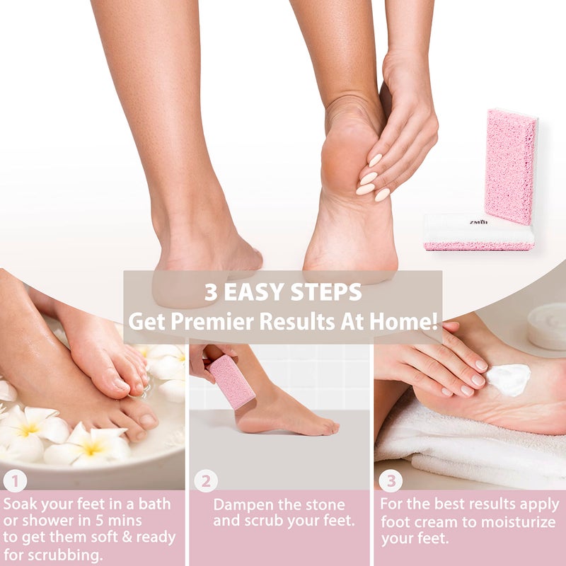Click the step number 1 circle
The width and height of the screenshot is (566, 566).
pyautogui.click(x=15, y=481)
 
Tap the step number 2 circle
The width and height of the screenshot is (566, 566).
pyautogui.click(x=206, y=481)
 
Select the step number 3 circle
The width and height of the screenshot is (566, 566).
pyautogui.click(x=390, y=481)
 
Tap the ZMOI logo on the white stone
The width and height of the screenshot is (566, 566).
pyautogui.click(x=478, y=221)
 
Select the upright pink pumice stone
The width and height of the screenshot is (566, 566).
pyautogui.click(x=509, y=166)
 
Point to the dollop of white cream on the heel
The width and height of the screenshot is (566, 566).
pyautogui.click(x=509, y=379)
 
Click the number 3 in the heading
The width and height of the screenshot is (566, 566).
pyautogui.click(x=211, y=292)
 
